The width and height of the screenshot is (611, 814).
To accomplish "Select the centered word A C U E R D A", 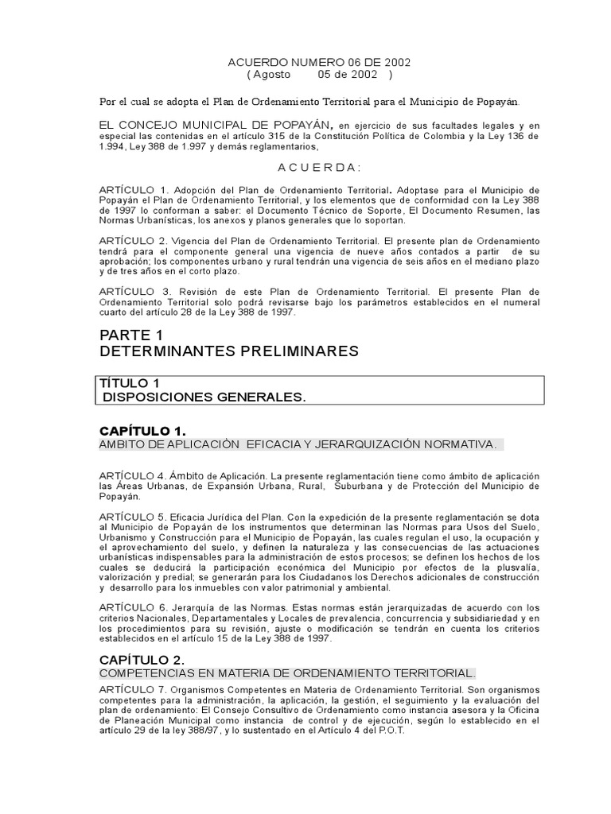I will pyautogui.click(x=319, y=167).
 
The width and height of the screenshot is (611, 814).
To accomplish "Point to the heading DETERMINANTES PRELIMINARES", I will pyautogui.click(x=229, y=351).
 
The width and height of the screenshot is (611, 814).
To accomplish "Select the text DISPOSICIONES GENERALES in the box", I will pyautogui.click(x=204, y=397).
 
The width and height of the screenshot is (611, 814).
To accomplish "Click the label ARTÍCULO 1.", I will pyautogui.click(x=132, y=190).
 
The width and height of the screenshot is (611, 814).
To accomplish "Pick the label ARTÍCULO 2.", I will pyautogui.click(x=132, y=239).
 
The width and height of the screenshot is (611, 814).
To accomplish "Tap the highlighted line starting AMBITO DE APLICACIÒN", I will pyautogui.click(x=299, y=444).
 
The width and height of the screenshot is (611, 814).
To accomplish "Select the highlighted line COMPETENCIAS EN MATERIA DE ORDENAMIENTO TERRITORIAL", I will pyautogui.click(x=287, y=673).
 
